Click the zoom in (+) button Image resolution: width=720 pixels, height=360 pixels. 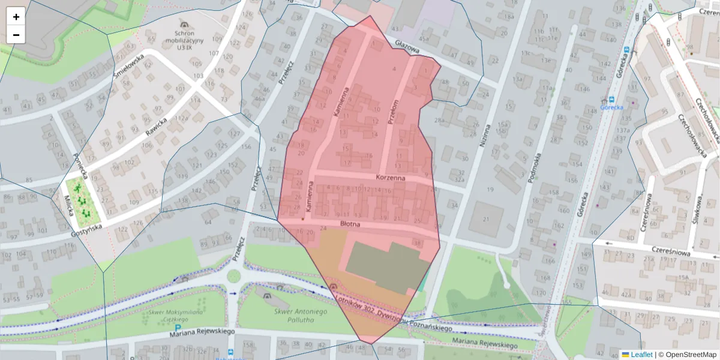tap(16, 17)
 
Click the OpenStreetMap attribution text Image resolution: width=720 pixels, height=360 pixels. tap(687, 355)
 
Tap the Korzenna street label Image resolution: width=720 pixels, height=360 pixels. tap(391, 178)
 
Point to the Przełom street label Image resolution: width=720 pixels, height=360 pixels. tap(393, 112)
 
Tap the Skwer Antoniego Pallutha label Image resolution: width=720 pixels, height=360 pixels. tap(300, 316)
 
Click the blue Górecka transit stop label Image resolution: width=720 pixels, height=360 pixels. tap(611, 107)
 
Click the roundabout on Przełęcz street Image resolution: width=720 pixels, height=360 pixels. tap(233, 276)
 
